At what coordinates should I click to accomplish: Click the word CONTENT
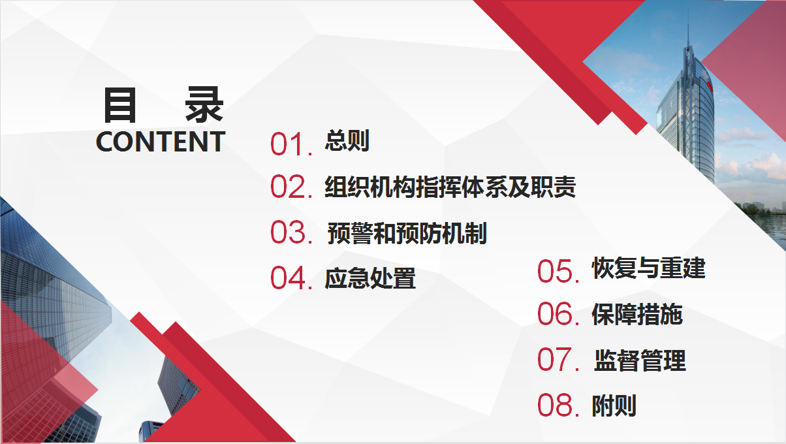(161, 142)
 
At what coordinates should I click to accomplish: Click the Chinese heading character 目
(119, 105)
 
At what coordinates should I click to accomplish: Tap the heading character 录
(204, 104)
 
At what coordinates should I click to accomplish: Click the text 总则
(347, 140)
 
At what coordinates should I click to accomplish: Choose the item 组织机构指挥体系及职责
(450, 186)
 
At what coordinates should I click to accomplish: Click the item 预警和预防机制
(407, 232)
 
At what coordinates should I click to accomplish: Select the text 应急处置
(370, 278)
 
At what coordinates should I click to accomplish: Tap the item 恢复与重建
(649, 268)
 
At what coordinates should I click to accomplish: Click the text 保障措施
(637, 314)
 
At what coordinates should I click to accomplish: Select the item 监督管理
(640, 360)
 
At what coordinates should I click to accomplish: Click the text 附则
(614, 405)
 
